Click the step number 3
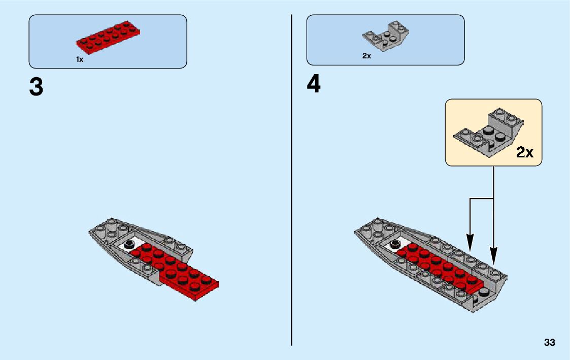36,87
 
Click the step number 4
314,84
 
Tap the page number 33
549,343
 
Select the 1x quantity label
80,59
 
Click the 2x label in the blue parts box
366,56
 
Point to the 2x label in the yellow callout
525,152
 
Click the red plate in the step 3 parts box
108,38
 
